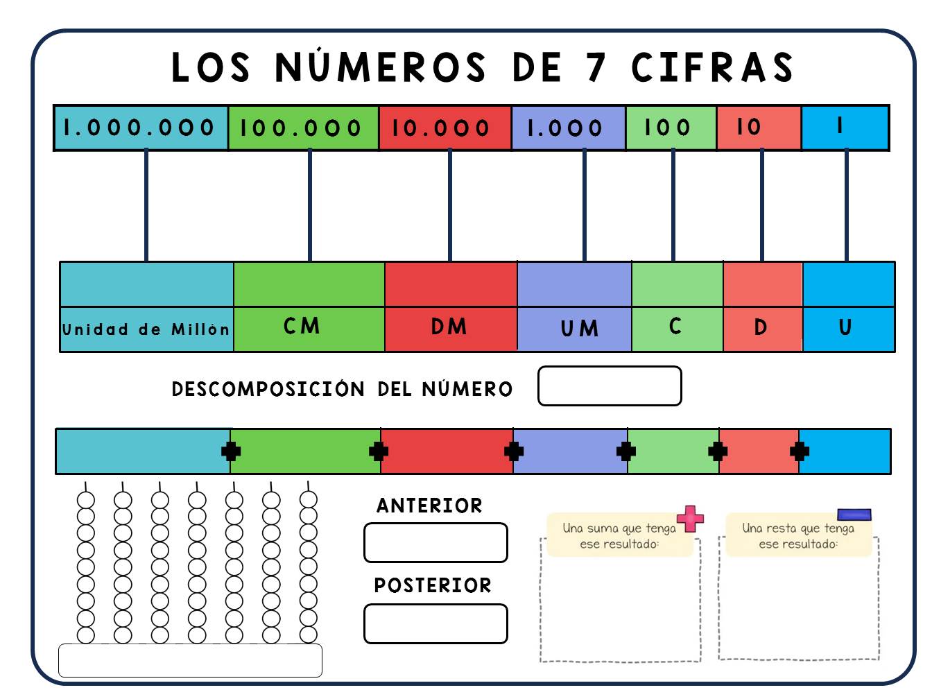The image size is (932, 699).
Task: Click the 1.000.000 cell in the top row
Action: coord(141,128)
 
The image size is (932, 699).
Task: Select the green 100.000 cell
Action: coord(303,128)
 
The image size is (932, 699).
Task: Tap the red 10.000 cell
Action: coord(445,128)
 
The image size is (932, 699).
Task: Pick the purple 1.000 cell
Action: coord(569,128)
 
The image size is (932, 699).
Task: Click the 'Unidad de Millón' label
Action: coord(146,329)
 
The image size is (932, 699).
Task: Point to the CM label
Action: coord(302,326)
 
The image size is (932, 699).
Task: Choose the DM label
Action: coord(449,327)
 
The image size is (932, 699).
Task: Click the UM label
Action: coord(580,329)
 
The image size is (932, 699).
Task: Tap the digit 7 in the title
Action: coord(596,67)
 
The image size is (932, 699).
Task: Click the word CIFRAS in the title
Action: coord(712,67)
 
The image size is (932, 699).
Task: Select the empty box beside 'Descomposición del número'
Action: coord(610,386)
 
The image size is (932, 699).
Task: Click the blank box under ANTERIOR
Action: coord(435,543)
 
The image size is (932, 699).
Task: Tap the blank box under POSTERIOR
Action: coord(435,624)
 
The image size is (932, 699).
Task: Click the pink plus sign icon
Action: coord(690,519)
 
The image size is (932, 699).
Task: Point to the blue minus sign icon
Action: coord(854,515)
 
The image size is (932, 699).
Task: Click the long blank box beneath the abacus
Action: coord(190,660)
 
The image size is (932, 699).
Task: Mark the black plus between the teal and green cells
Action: coord(231,451)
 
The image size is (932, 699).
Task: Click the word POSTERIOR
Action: coord(433,585)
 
